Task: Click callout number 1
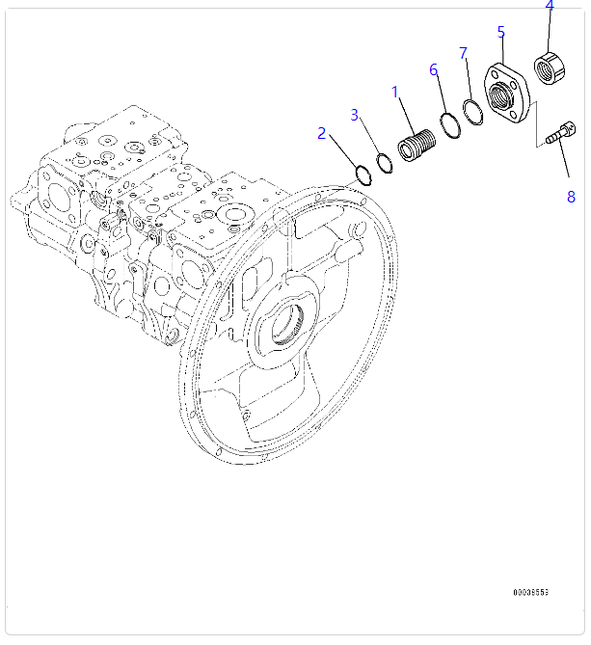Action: (394, 92)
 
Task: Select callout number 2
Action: (322, 133)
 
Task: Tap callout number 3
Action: (355, 115)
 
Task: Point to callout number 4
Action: (550, 6)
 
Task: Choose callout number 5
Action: (501, 32)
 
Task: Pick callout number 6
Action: (434, 69)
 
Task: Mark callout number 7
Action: (464, 52)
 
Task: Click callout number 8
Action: (571, 197)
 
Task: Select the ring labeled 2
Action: (363, 175)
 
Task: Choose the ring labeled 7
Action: (471, 111)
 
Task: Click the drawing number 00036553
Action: (531, 592)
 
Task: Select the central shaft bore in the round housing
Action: (292, 325)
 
